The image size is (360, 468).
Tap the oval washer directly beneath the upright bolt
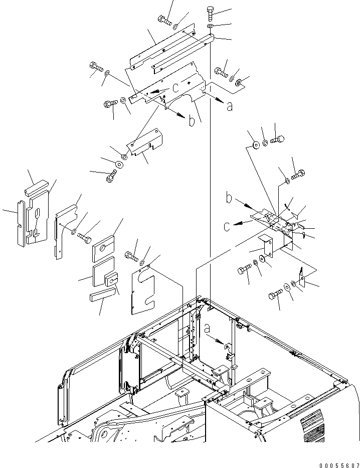210,26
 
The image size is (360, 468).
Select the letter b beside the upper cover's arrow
191,121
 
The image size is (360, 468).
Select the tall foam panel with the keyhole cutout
38,219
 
